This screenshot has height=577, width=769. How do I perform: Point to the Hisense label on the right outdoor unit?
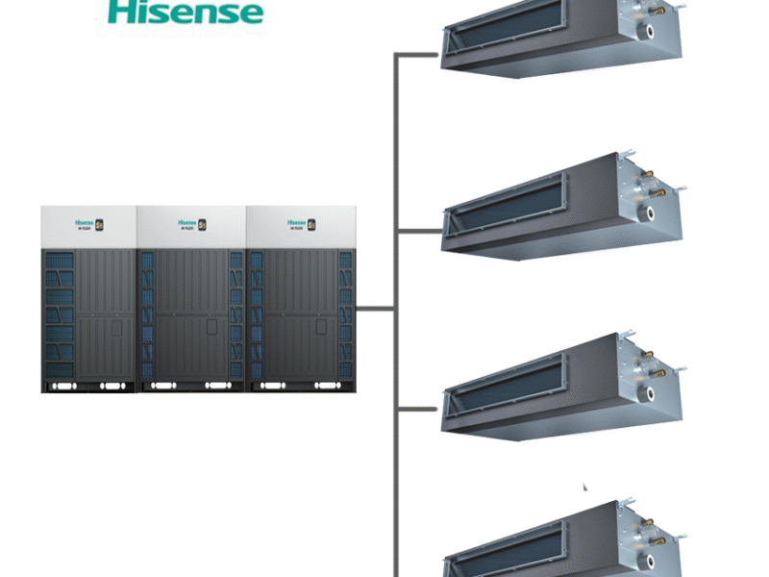coord(296,223)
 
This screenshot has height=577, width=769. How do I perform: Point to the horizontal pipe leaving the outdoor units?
coord(375,309)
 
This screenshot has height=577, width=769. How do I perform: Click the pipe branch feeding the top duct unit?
coord(418,55)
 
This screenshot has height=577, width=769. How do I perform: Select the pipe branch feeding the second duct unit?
coord(418,231)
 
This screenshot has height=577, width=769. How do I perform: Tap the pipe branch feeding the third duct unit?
coord(418,408)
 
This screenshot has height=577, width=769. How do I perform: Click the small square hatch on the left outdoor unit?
coord(115,328)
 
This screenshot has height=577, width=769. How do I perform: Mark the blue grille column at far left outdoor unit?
coord(58,313)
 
